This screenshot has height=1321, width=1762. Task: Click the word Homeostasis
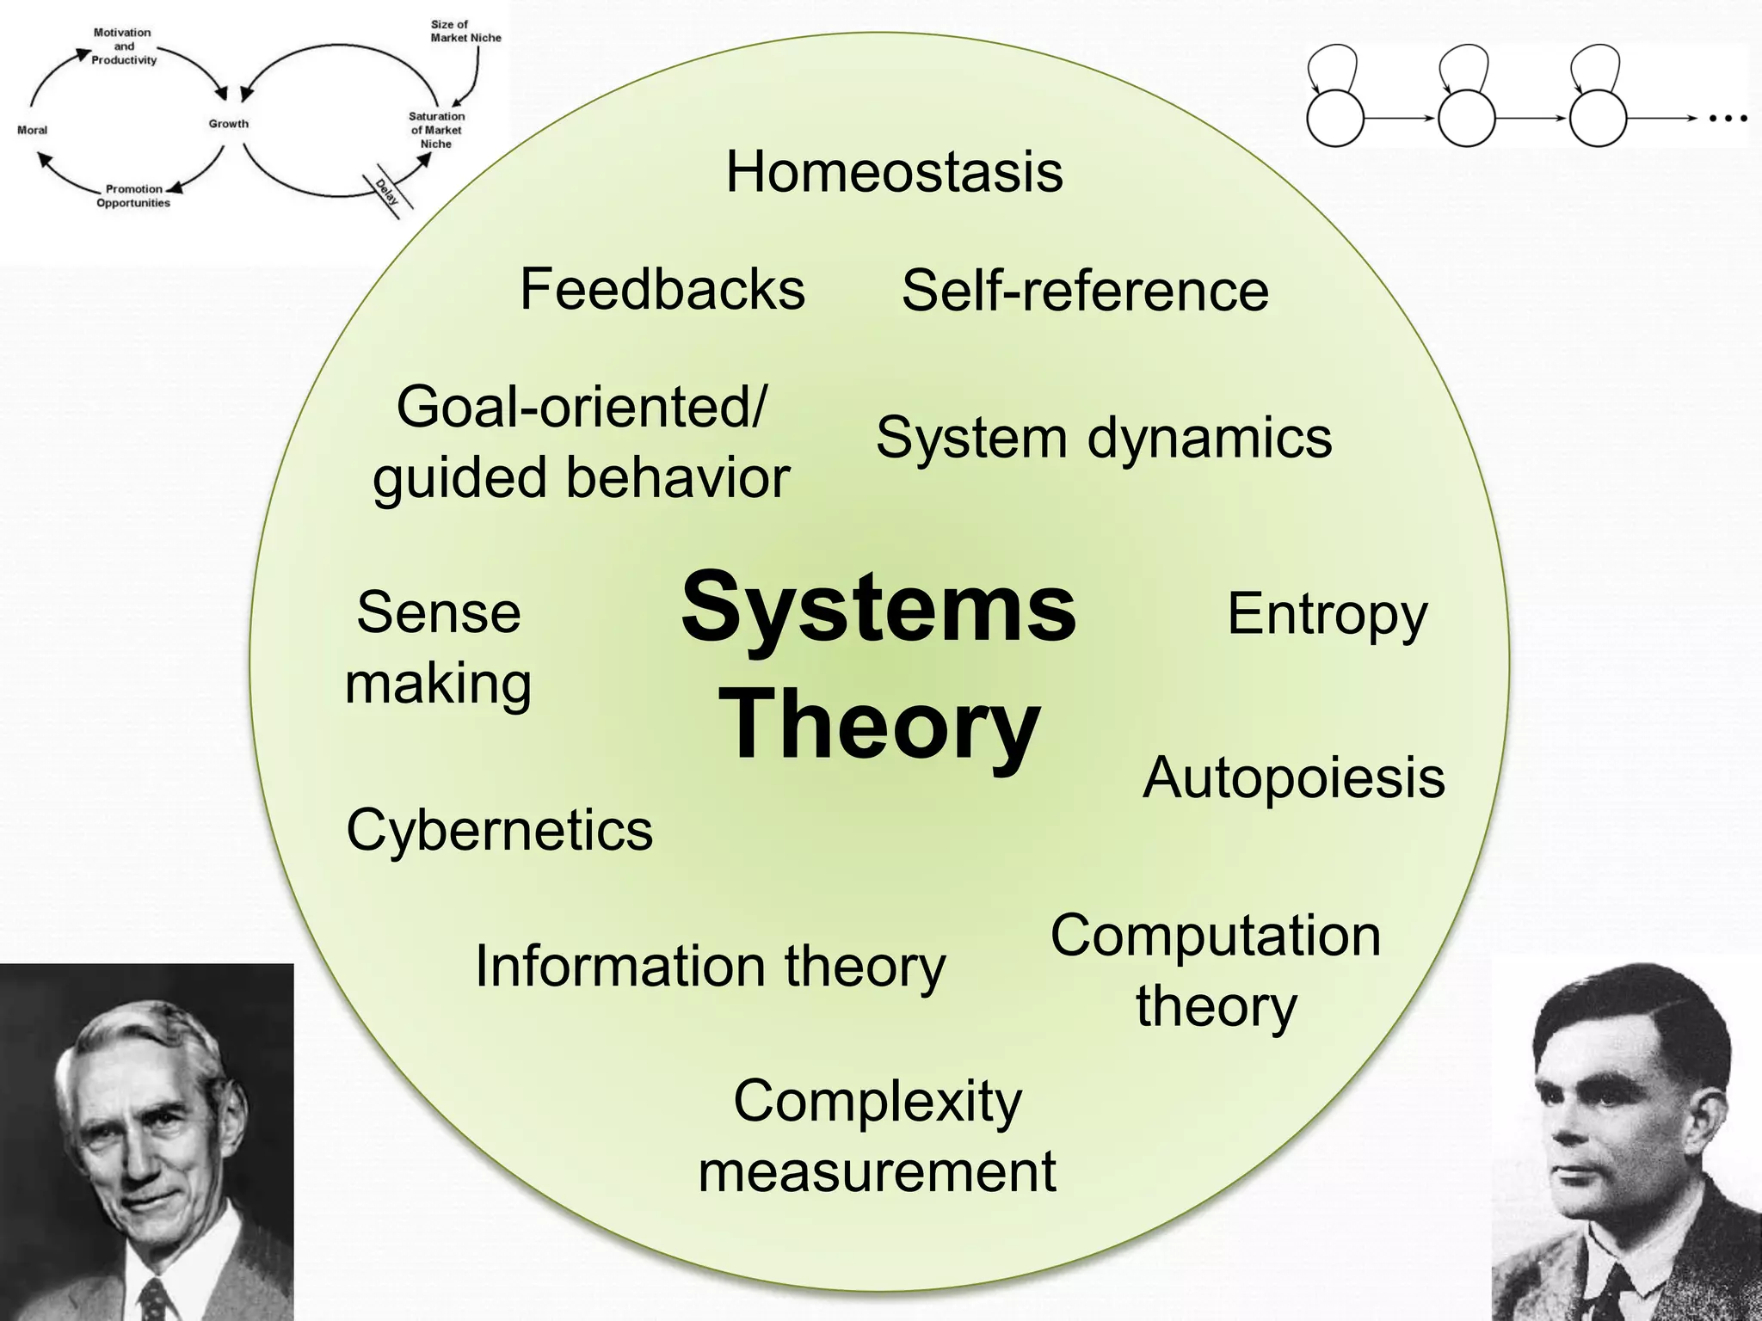point(894,172)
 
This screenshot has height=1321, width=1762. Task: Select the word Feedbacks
point(662,289)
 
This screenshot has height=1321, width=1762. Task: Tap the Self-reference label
point(1085,291)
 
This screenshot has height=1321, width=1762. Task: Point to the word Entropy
point(1327,614)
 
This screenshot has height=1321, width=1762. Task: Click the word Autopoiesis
point(1293,778)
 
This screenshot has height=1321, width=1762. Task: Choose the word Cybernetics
point(499,831)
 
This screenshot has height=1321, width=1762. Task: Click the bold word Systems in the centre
point(878,607)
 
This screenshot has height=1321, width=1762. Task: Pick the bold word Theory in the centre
point(879,724)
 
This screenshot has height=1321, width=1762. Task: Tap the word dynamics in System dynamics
point(1210,439)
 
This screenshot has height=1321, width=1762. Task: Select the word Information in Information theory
point(620,967)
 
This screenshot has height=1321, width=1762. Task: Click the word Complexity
point(878,1101)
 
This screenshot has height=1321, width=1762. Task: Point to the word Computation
point(1215,936)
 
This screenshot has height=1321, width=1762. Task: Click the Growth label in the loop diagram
point(229,124)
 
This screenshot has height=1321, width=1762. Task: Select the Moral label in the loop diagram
point(33,131)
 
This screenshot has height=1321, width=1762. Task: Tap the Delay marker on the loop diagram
point(386,192)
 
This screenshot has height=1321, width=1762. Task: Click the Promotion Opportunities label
point(133,196)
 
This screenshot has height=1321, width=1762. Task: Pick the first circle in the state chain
point(1335,118)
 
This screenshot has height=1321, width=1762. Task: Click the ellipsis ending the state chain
point(1728,119)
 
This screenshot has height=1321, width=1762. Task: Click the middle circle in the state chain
point(1466,118)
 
